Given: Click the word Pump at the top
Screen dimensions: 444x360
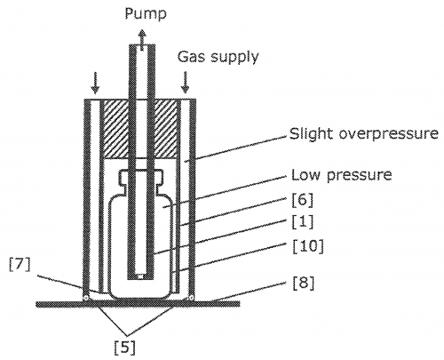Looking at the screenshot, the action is [146, 14].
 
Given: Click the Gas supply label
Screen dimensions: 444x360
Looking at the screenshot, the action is [218, 57].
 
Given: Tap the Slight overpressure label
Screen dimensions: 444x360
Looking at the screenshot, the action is [364, 134].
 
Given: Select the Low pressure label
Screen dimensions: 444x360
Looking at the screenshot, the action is [342, 175].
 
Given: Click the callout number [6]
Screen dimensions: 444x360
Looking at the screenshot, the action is [302, 201].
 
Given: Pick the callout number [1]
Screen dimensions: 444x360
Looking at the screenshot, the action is [302, 222].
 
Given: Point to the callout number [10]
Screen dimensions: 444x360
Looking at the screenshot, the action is [308, 246].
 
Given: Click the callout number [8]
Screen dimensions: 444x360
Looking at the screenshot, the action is [303, 284].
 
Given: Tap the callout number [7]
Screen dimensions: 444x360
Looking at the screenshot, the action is [20, 266].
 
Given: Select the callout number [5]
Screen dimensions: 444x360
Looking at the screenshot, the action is [125, 348].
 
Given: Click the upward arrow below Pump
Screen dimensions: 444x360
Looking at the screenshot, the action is [142, 40].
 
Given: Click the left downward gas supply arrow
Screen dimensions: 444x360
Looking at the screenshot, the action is [95, 84].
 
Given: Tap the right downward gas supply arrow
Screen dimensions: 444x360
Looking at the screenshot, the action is [186, 82].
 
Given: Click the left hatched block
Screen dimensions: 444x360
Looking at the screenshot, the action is [115, 129].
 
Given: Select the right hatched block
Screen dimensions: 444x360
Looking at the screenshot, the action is [166, 129].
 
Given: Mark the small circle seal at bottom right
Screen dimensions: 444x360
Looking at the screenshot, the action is [191, 297].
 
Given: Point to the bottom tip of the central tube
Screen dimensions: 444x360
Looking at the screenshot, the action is [141, 279].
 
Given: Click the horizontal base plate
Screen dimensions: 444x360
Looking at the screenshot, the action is [138, 304].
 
